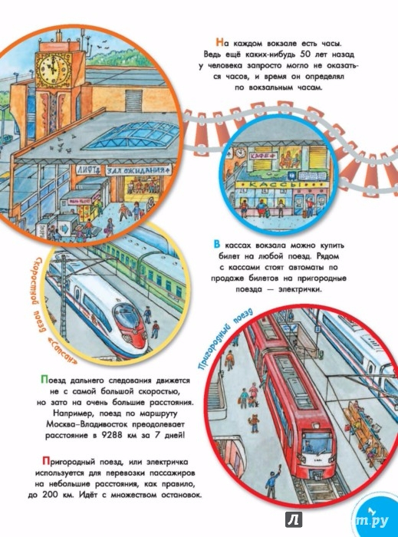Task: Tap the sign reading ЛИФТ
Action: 89,170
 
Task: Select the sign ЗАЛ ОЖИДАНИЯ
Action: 137,170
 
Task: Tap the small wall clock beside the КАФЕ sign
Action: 241,152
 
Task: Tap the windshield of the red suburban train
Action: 316,443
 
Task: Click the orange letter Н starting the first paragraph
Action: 219,43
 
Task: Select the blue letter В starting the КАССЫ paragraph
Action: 216,245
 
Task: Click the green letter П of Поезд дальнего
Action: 44,380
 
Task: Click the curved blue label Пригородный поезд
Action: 223,339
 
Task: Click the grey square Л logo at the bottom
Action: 294,520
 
